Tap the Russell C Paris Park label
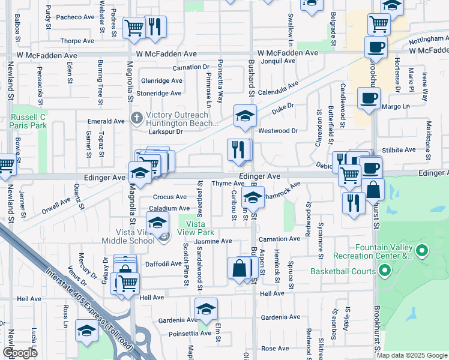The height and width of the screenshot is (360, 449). click(x=29, y=121)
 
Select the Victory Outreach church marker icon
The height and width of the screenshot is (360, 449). click(x=136, y=118)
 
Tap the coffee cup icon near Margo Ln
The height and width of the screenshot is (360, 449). click(x=368, y=97)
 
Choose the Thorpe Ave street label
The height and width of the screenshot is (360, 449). click(x=77, y=41)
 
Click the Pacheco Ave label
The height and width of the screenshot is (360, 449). click(x=76, y=17)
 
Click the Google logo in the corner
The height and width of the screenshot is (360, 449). click(x=19, y=353)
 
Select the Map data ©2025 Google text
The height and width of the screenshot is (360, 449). click(x=412, y=355)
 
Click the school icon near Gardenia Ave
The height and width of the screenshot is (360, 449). click(x=206, y=308)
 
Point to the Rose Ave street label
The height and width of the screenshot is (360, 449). click(x=275, y=348)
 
